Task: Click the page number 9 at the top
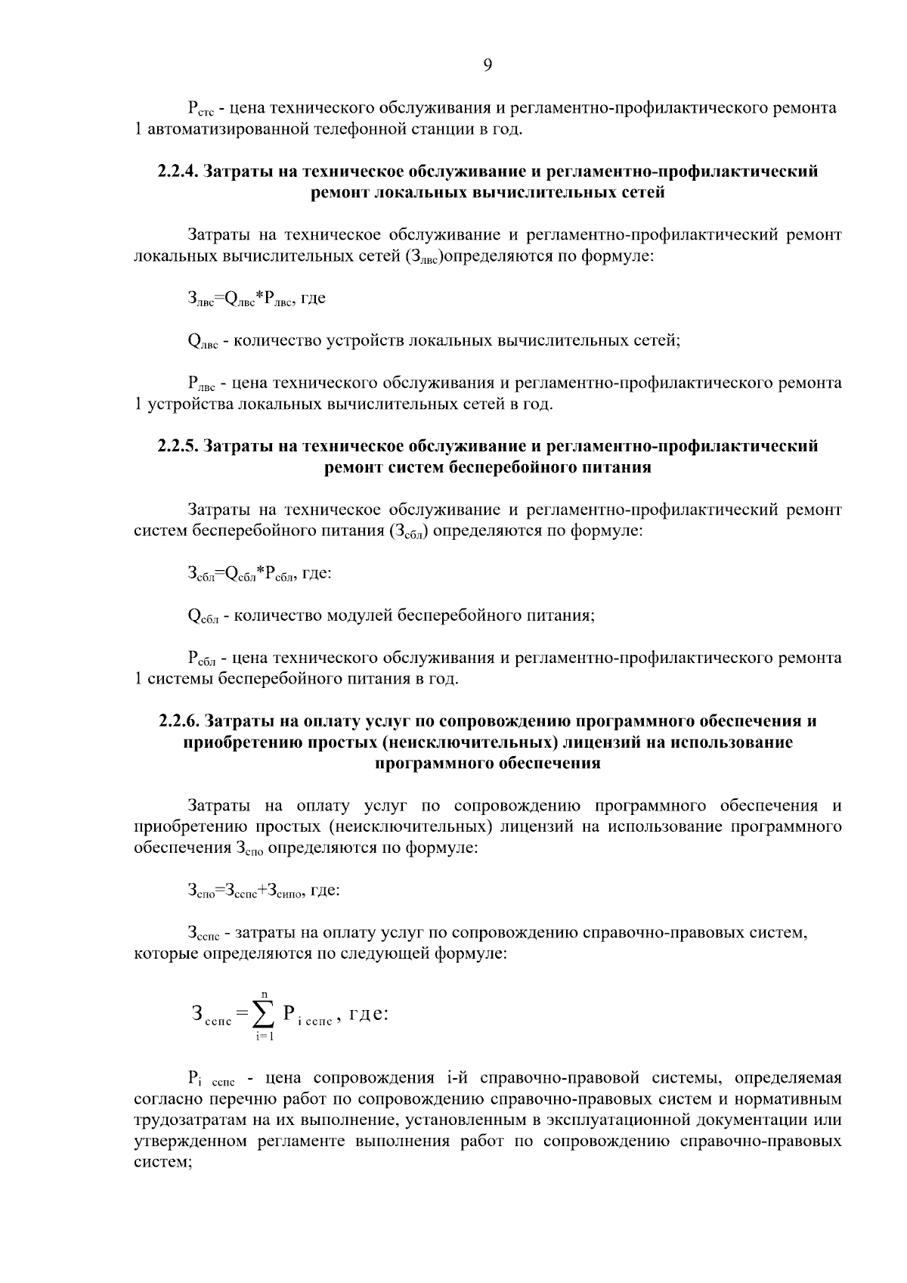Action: point(487,66)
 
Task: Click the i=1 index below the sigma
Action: point(265,1036)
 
